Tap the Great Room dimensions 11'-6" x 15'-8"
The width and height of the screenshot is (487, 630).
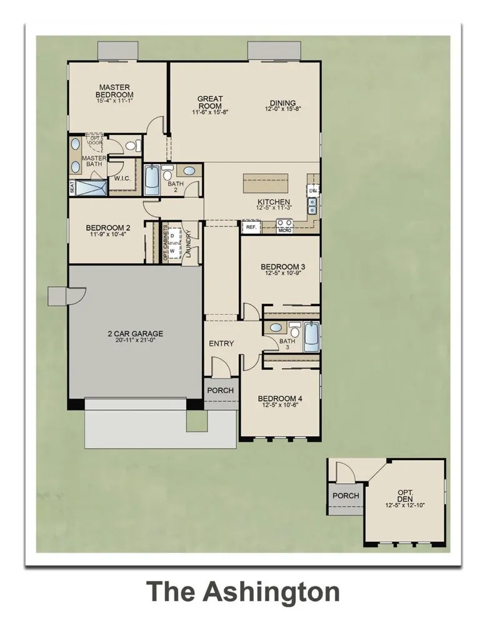(211, 112)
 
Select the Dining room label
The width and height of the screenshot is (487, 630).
(283, 104)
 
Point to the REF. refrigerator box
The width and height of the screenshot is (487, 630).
(251, 227)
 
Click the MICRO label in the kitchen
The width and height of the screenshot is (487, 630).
(285, 230)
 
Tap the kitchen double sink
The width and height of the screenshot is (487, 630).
(311, 204)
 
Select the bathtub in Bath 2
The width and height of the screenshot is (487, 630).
(152, 181)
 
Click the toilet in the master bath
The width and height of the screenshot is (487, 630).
(131, 146)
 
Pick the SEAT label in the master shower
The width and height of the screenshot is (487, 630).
(73, 187)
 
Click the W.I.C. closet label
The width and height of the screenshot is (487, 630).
(122, 177)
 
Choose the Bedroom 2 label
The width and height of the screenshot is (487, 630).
(108, 228)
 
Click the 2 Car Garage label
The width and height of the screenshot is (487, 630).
(135, 333)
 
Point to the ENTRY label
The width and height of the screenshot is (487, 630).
(221, 344)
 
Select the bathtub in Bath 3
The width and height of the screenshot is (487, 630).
(311, 337)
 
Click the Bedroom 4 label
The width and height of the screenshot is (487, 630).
(280, 398)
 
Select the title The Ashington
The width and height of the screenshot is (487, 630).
(243, 591)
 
